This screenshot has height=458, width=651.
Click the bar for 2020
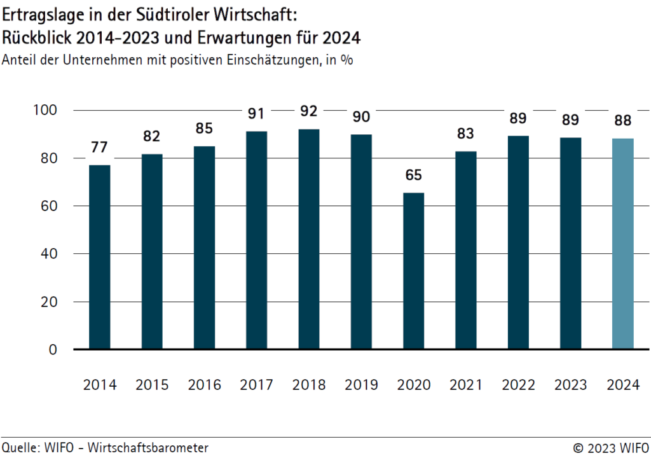pos(413,271)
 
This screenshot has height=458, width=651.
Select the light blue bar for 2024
pos(622,244)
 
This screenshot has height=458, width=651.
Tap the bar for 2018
pos(309,239)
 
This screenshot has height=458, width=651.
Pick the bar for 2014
pos(100,257)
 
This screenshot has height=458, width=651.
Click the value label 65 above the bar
pos(413,175)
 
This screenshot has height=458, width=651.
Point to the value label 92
pos(309,111)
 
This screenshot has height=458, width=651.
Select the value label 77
pos(100,148)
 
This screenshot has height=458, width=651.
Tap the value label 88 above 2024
pos(622,121)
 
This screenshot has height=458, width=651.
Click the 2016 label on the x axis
pos(205,385)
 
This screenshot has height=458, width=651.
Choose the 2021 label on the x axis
pos(466,385)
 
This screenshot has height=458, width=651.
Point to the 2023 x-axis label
pos(570,385)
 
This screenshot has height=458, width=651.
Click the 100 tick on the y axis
pos(45,110)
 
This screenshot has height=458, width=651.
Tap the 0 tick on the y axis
pos(53,350)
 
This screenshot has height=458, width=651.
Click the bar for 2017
pos(257,240)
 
